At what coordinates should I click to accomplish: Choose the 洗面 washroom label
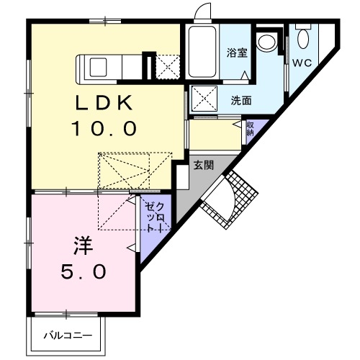[241, 100]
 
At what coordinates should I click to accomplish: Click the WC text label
[302, 62]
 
